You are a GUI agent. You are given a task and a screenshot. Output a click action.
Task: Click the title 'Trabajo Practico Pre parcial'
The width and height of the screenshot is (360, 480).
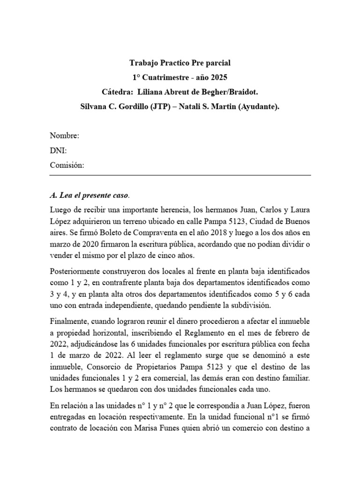click(x=180, y=63)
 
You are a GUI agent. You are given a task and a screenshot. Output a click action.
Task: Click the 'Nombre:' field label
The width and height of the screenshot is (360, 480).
click(x=65, y=136)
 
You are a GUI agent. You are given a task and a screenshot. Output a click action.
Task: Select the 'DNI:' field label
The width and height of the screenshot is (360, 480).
click(x=58, y=150)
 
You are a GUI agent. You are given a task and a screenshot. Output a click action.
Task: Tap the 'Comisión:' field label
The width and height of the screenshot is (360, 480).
click(x=67, y=165)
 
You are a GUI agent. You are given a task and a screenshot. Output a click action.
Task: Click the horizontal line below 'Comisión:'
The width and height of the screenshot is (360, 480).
click(x=180, y=175)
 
